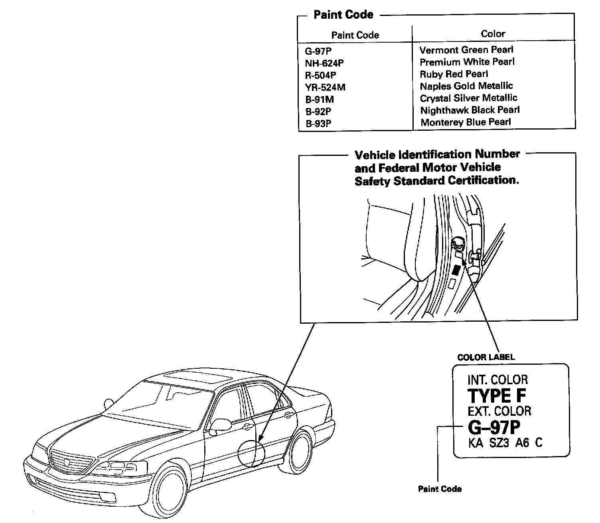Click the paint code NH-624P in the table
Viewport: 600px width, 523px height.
(324, 63)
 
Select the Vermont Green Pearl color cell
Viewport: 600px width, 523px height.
(466, 50)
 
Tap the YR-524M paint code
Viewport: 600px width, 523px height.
(325, 87)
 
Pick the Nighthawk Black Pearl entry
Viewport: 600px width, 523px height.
(470, 110)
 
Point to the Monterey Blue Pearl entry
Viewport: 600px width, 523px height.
(465, 122)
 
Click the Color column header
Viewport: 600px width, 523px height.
(493, 34)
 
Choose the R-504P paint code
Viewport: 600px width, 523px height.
(320, 75)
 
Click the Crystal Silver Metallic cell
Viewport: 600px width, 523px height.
(468, 98)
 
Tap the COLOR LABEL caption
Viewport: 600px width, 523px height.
(486, 357)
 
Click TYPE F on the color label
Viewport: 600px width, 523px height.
(496, 396)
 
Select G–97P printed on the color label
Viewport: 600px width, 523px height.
(494, 428)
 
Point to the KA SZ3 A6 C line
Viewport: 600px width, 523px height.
(505, 443)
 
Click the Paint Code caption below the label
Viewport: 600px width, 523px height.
(440, 489)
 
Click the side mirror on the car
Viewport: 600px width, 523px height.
(219, 425)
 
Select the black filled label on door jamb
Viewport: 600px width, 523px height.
(456, 271)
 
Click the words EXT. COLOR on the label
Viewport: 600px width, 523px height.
(499, 411)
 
